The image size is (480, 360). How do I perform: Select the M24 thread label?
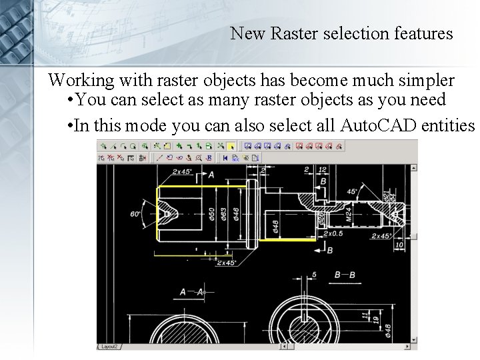pos(348,214)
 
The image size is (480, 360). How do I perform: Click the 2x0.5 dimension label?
pos(332,234)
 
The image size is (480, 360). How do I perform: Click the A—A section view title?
pos(191,292)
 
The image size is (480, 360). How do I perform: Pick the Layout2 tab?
pos(109,347)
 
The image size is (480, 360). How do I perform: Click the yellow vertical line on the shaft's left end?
pos(156,213)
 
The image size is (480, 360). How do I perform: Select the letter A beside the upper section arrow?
pos(211,175)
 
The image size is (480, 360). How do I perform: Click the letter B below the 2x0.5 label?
pos(329,250)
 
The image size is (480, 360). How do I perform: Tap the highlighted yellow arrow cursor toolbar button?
pos(231,145)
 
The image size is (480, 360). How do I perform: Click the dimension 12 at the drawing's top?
pos(323,170)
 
